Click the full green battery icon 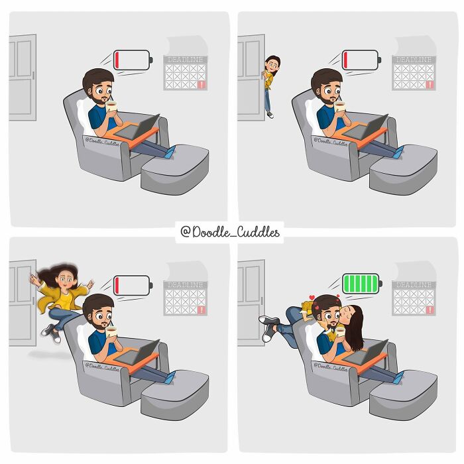pos(362,284)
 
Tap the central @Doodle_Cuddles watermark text pos(230,232)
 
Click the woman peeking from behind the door pos(270,86)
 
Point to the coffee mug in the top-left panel pos(111,106)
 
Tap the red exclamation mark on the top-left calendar pos(202,86)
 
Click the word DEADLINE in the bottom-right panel pos(414,285)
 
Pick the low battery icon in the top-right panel pos(362,60)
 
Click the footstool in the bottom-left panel pos(175,394)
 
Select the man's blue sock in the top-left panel pos(170,152)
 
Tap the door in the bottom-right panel pos(251,302)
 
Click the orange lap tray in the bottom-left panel pos(133,359)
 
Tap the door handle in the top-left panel pos(33,75)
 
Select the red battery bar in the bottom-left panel pos(117,286)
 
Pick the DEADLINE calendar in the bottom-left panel pos(185,298)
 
